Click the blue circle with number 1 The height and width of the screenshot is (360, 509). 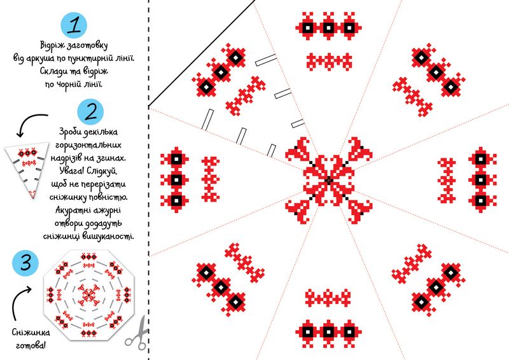tap(74, 25)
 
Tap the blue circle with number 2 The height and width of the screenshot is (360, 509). tap(90, 112)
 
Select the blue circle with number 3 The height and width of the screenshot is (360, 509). tap(25, 262)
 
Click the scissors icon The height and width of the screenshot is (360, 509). tap(137, 331)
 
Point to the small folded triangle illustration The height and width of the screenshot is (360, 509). tap(27, 169)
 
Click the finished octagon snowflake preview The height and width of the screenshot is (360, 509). tap(88, 294)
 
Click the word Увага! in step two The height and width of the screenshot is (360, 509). tap(72, 170)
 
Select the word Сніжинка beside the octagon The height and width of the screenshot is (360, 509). tap(31, 333)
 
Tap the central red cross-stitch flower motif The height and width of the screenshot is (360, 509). tap(329, 180)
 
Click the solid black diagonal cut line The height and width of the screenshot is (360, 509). tap(202, 53)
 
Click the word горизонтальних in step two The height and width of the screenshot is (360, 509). tap(88, 145)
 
